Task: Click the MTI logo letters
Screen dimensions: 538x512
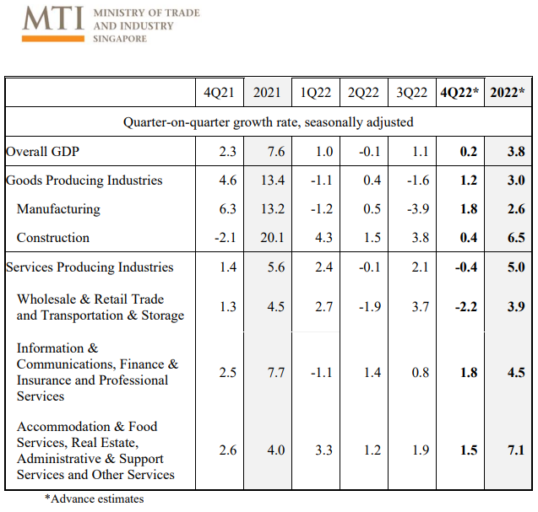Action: pos(53,19)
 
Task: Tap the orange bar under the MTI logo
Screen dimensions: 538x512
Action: pos(53,39)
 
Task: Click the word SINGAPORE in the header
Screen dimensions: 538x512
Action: pos(120,39)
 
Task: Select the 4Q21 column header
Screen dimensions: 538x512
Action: pos(219,93)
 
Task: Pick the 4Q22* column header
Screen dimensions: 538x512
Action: pos(459,93)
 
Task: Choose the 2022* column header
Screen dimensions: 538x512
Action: pos(508,93)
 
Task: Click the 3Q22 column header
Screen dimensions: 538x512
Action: pos(412,93)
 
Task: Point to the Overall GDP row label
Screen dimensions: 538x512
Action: pos(42,152)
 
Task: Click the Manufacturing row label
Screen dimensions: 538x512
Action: pos(58,209)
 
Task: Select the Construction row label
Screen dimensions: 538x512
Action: pos(53,238)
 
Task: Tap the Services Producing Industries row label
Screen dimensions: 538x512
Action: pos(90,267)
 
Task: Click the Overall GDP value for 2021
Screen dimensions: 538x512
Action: pos(276,152)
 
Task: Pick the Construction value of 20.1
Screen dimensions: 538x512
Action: pos(273,238)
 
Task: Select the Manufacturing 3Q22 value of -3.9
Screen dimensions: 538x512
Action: pos(418,208)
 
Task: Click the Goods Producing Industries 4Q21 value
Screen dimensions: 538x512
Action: pos(228,181)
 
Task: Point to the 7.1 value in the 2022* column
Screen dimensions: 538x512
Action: pos(516,450)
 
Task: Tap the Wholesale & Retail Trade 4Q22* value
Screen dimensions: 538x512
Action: pos(466,307)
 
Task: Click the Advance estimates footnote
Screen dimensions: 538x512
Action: pos(95,499)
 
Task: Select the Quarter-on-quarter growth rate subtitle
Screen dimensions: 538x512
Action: pos(269,122)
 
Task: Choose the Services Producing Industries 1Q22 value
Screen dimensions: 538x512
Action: pos(324,267)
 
